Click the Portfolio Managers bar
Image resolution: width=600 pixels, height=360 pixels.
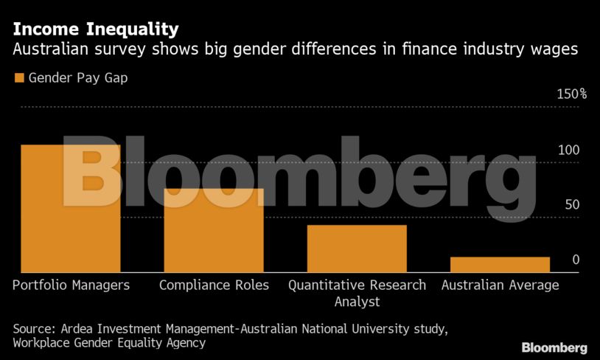pos(70,209)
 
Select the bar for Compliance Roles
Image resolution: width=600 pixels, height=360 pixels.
pos(214,230)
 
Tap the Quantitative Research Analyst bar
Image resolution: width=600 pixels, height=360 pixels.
pos(357,249)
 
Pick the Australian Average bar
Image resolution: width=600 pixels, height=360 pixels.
pos(500,265)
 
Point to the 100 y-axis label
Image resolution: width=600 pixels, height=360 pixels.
pos(568,150)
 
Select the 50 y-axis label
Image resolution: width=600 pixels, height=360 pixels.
pos(572,205)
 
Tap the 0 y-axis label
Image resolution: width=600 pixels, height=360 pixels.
pos(576,260)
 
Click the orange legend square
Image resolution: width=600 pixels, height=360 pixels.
pos(19,77)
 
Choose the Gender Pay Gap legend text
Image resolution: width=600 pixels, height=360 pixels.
pos(78,77)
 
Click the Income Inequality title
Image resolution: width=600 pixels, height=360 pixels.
pos(95,30)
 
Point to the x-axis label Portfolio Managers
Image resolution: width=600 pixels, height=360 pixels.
pos(71,285)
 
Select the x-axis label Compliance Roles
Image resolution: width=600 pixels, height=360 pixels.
pos(214,285)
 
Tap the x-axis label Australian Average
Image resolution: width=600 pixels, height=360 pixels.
pos(500,285)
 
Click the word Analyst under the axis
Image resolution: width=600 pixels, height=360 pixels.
pos(357,301)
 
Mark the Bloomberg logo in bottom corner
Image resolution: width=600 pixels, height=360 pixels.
pos(554,347)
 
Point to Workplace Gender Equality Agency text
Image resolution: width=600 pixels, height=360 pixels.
pos(109,342)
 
